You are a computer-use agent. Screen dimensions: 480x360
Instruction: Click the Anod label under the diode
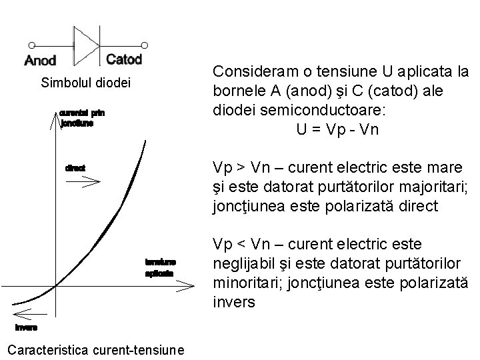click(40, 61)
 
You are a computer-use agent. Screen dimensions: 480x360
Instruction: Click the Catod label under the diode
click(124, 59)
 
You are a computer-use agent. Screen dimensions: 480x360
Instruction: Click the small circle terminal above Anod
click(26, 46)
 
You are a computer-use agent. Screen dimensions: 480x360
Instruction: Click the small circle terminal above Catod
click(145, 45)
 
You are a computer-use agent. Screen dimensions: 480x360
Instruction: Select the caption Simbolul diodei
click(86, 83)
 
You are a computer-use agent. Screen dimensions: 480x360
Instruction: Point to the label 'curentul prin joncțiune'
click(82, 118)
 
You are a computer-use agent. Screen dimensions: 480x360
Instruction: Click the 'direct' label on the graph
click(75, 168)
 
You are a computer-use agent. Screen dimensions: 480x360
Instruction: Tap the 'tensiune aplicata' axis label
click(160, 267)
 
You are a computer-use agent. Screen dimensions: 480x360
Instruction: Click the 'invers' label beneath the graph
click(27, 327)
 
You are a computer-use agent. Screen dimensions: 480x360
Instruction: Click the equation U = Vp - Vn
click(337, 129)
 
